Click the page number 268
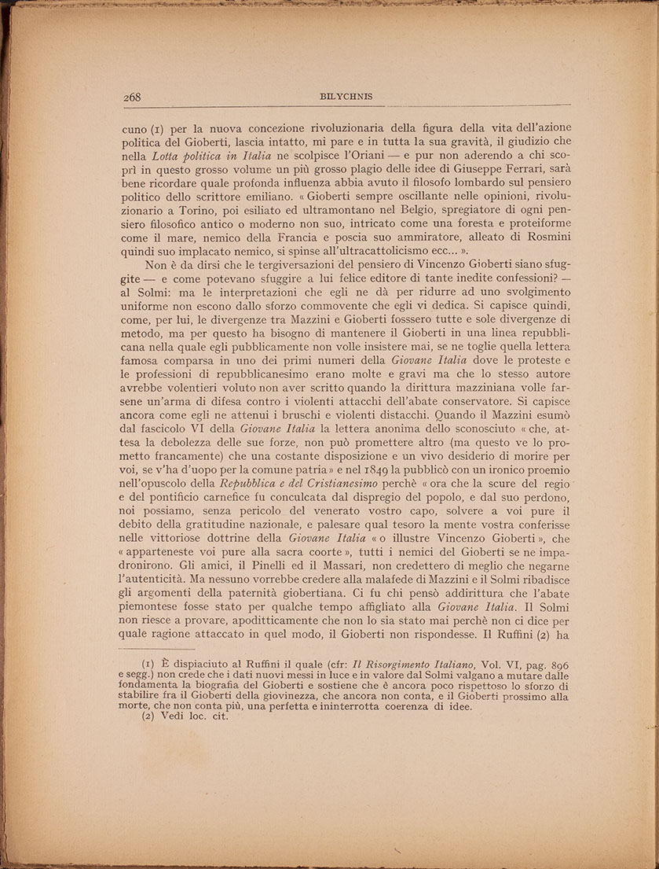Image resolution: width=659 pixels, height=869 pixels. (132, 97)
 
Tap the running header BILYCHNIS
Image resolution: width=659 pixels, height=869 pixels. (346, 97)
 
